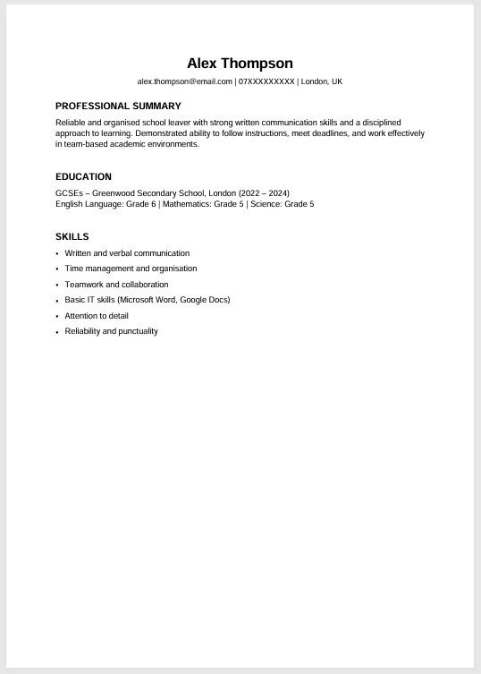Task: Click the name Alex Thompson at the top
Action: (240, 64)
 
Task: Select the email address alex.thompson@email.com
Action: (184, 81)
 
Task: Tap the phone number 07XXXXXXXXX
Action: (266, 81)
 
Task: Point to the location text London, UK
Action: (322, 81)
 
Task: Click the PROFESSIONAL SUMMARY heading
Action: (118, 106)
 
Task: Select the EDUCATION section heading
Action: (83, 177)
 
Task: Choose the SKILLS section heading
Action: (72, 236)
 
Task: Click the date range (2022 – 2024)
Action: (265, 192)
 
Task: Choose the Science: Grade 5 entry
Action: (282, 204)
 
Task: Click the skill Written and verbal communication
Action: (127, 253)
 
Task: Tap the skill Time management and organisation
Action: (131, 269)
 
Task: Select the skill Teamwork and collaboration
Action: (116, 285)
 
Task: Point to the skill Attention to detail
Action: (97, 316)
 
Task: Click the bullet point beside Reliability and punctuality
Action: (57, 332)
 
